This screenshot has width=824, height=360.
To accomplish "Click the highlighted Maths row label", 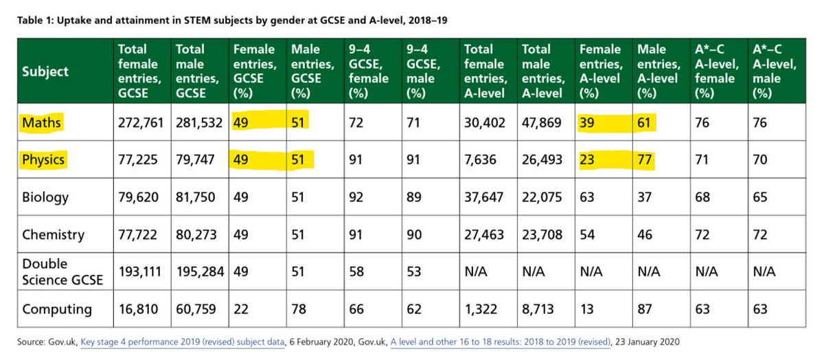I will pyautogui.click(x=42, y=123).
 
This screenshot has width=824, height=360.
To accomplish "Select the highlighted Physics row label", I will pyautogui.click(x=44, y=159).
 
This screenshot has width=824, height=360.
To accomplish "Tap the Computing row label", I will pyautogui.click(x=56, y=309).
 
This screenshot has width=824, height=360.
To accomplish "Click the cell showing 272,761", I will pyautogui.click(x=139, y=123).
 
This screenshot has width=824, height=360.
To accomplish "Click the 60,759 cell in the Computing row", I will pyautogui.click(x=198, y=309).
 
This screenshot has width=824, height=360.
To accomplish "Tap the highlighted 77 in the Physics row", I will pyautogui.click(x=646, y=160).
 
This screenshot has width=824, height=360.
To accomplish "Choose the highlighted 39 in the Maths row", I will pyautogui.click(x=588, y=123).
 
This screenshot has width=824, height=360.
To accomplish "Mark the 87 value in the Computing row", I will pyautogui.click(x=646, y=309).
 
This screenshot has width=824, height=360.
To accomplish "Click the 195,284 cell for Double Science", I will pyautogui.click(x=200, y=272).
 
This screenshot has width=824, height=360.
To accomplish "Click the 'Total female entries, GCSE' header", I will pyautogui.click(x=139, y=71).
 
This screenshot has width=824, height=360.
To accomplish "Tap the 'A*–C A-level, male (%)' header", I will pyautogui.click(x=775, y=71).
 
